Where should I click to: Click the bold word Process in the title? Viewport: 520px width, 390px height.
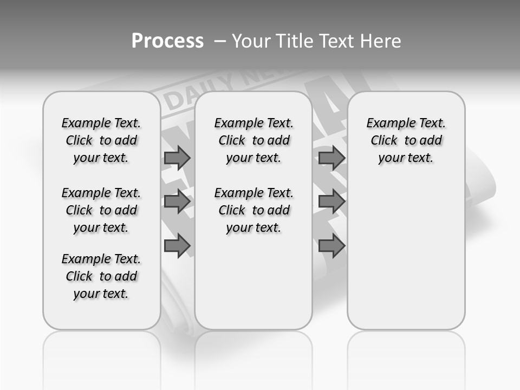(167, 41)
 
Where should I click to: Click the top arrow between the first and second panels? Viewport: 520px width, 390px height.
(177, 158)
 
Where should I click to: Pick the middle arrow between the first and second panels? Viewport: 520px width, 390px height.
(177, 202)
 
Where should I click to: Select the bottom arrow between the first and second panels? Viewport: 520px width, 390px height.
(177, 246)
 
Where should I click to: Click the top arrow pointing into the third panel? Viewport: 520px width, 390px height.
(331, 158)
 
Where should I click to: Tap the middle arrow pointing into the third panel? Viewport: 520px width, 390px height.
(331, 202)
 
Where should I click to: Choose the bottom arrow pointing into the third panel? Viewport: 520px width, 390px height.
(331, 246)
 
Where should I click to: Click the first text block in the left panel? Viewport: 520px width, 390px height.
(101, 140)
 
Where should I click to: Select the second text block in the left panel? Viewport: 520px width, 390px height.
(101, 210)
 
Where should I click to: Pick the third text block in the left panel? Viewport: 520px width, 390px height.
(101, 276)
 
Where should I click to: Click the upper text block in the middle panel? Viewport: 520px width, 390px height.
(253, 140)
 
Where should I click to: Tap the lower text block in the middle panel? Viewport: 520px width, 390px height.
(253, 210)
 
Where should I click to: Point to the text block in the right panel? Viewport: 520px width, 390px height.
(406, 140)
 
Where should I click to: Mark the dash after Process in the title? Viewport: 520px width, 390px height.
(219, 41)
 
